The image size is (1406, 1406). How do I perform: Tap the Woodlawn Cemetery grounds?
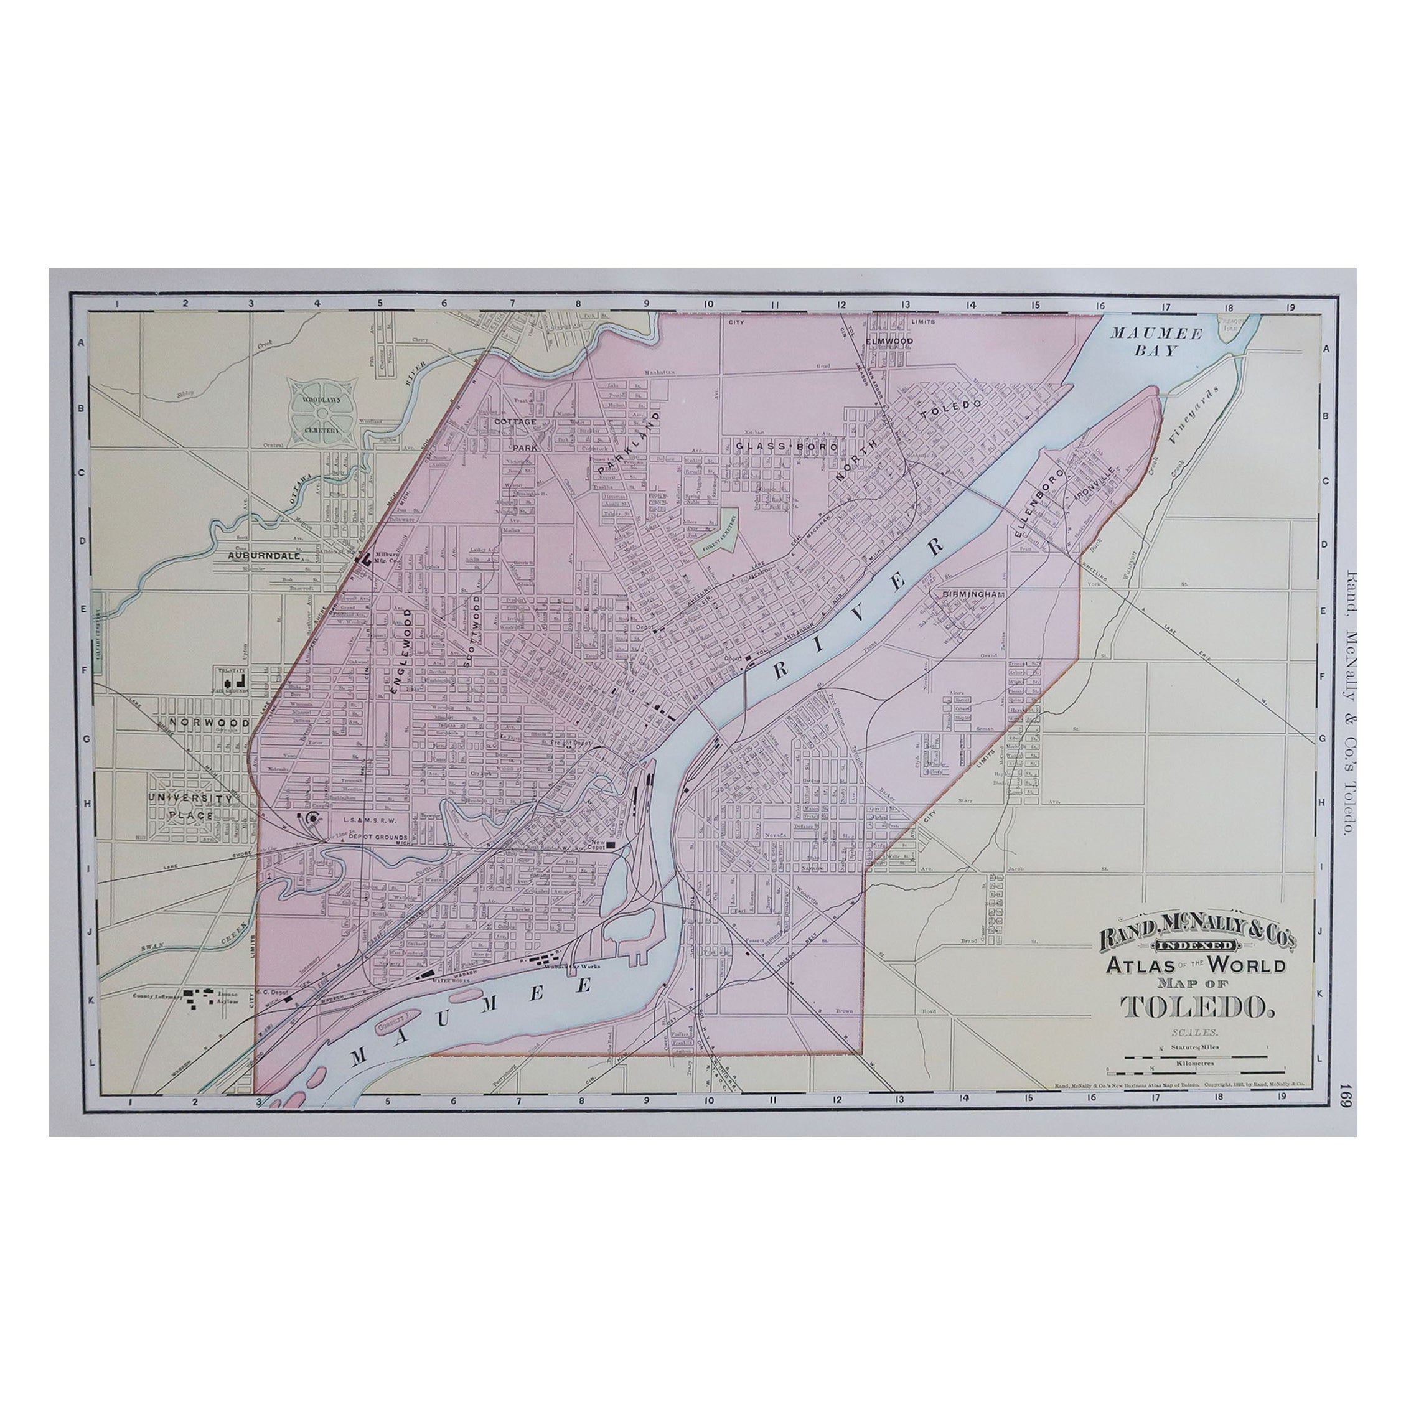(x=320, y=413)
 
